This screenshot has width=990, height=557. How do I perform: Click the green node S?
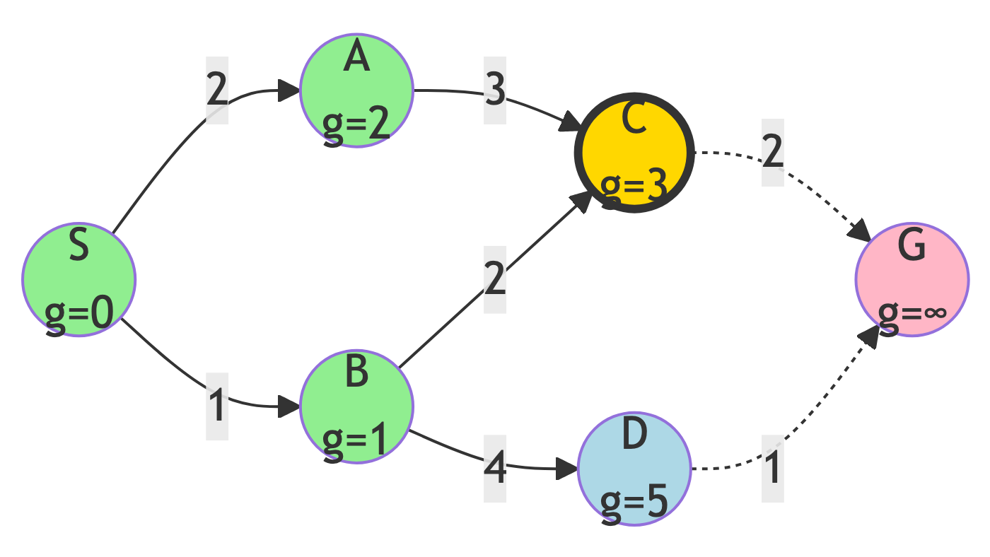[x=78, y=280]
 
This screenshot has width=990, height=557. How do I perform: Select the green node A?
[x=356, y=90]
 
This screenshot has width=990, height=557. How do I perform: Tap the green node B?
[x=356, y=406]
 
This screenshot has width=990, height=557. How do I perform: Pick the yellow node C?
[x=634, y=153]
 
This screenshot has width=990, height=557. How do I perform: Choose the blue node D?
[x=634, y=469]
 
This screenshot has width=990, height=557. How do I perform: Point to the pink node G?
[x=912, y=280]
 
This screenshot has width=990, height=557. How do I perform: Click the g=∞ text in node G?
[x=912, y=312]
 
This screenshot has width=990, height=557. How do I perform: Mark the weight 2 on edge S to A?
[x=217, y=90]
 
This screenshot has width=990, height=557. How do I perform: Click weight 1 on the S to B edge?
[x=217, y=406]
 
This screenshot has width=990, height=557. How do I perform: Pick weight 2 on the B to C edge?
[x=495, y=280]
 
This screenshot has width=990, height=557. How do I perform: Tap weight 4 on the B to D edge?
[x=495, y=469]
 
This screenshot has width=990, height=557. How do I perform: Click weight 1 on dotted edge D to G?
[x=773, y=469]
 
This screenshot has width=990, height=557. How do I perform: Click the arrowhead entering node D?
[x=568, y=469]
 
